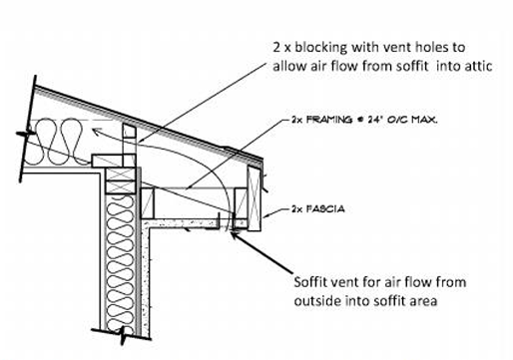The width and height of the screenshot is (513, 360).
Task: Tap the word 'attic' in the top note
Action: [x=478, y=66]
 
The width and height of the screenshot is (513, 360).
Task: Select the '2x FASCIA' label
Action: [x=317, y=209]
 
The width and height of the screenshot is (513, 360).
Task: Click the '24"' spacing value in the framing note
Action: [x=375, y=120]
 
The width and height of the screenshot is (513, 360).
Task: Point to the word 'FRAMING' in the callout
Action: [x=328, y=120]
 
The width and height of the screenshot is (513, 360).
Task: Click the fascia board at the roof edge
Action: [x=254, y=198]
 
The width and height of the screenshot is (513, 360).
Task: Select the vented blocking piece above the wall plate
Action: [x=129, y=144]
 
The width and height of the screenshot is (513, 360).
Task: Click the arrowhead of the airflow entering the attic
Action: [x=96, y=133]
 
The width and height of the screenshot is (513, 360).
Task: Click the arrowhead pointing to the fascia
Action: [x=265, y=216]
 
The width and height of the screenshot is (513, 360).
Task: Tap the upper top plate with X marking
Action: [x=121, y=175]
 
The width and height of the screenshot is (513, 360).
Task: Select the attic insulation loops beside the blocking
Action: [x=60, y=142]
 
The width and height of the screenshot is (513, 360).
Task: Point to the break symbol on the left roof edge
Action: [x=27, y=133]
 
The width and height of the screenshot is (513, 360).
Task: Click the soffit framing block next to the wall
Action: [x=148, y=203]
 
